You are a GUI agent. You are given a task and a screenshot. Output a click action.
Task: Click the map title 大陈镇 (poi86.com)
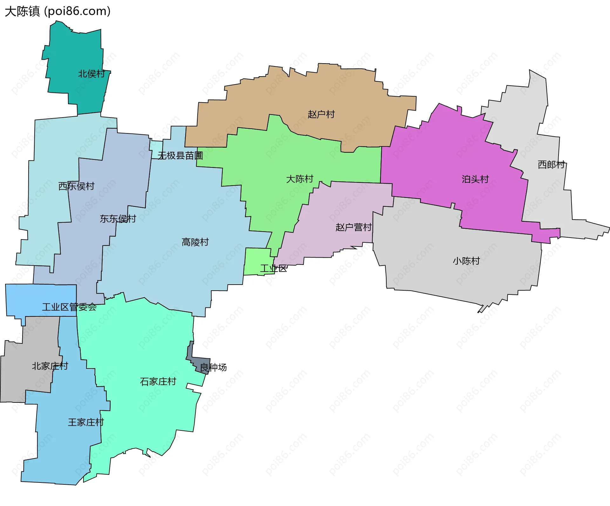(58, 11)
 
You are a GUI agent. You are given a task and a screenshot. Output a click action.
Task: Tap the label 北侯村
(91, 74)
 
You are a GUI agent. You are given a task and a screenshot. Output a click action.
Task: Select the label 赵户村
(321, 114)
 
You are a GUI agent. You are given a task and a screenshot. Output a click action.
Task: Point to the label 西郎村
(551, 165)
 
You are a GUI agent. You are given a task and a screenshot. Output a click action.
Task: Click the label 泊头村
(475, 179)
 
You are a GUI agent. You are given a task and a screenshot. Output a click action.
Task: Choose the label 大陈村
(300, 179)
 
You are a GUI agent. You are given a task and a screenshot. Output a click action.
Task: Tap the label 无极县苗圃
(180, 155)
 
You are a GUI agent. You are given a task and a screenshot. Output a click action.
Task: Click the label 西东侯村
(76, 186)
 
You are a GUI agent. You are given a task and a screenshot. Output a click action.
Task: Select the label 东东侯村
(118, 219)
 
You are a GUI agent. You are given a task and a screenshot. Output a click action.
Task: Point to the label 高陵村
(195, 242)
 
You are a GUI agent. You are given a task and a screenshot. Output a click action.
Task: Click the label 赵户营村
(353, 227)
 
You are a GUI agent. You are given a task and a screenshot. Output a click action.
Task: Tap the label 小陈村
(466, 261)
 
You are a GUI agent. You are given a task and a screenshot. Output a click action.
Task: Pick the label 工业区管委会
(69, 307)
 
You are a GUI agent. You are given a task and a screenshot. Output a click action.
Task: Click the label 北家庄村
(50, 366)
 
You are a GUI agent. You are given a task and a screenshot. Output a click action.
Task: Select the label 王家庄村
(86, 422)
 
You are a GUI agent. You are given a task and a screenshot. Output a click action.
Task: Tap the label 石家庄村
(158, 381)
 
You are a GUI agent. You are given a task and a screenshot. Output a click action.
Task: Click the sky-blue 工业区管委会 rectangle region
(38, 295)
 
